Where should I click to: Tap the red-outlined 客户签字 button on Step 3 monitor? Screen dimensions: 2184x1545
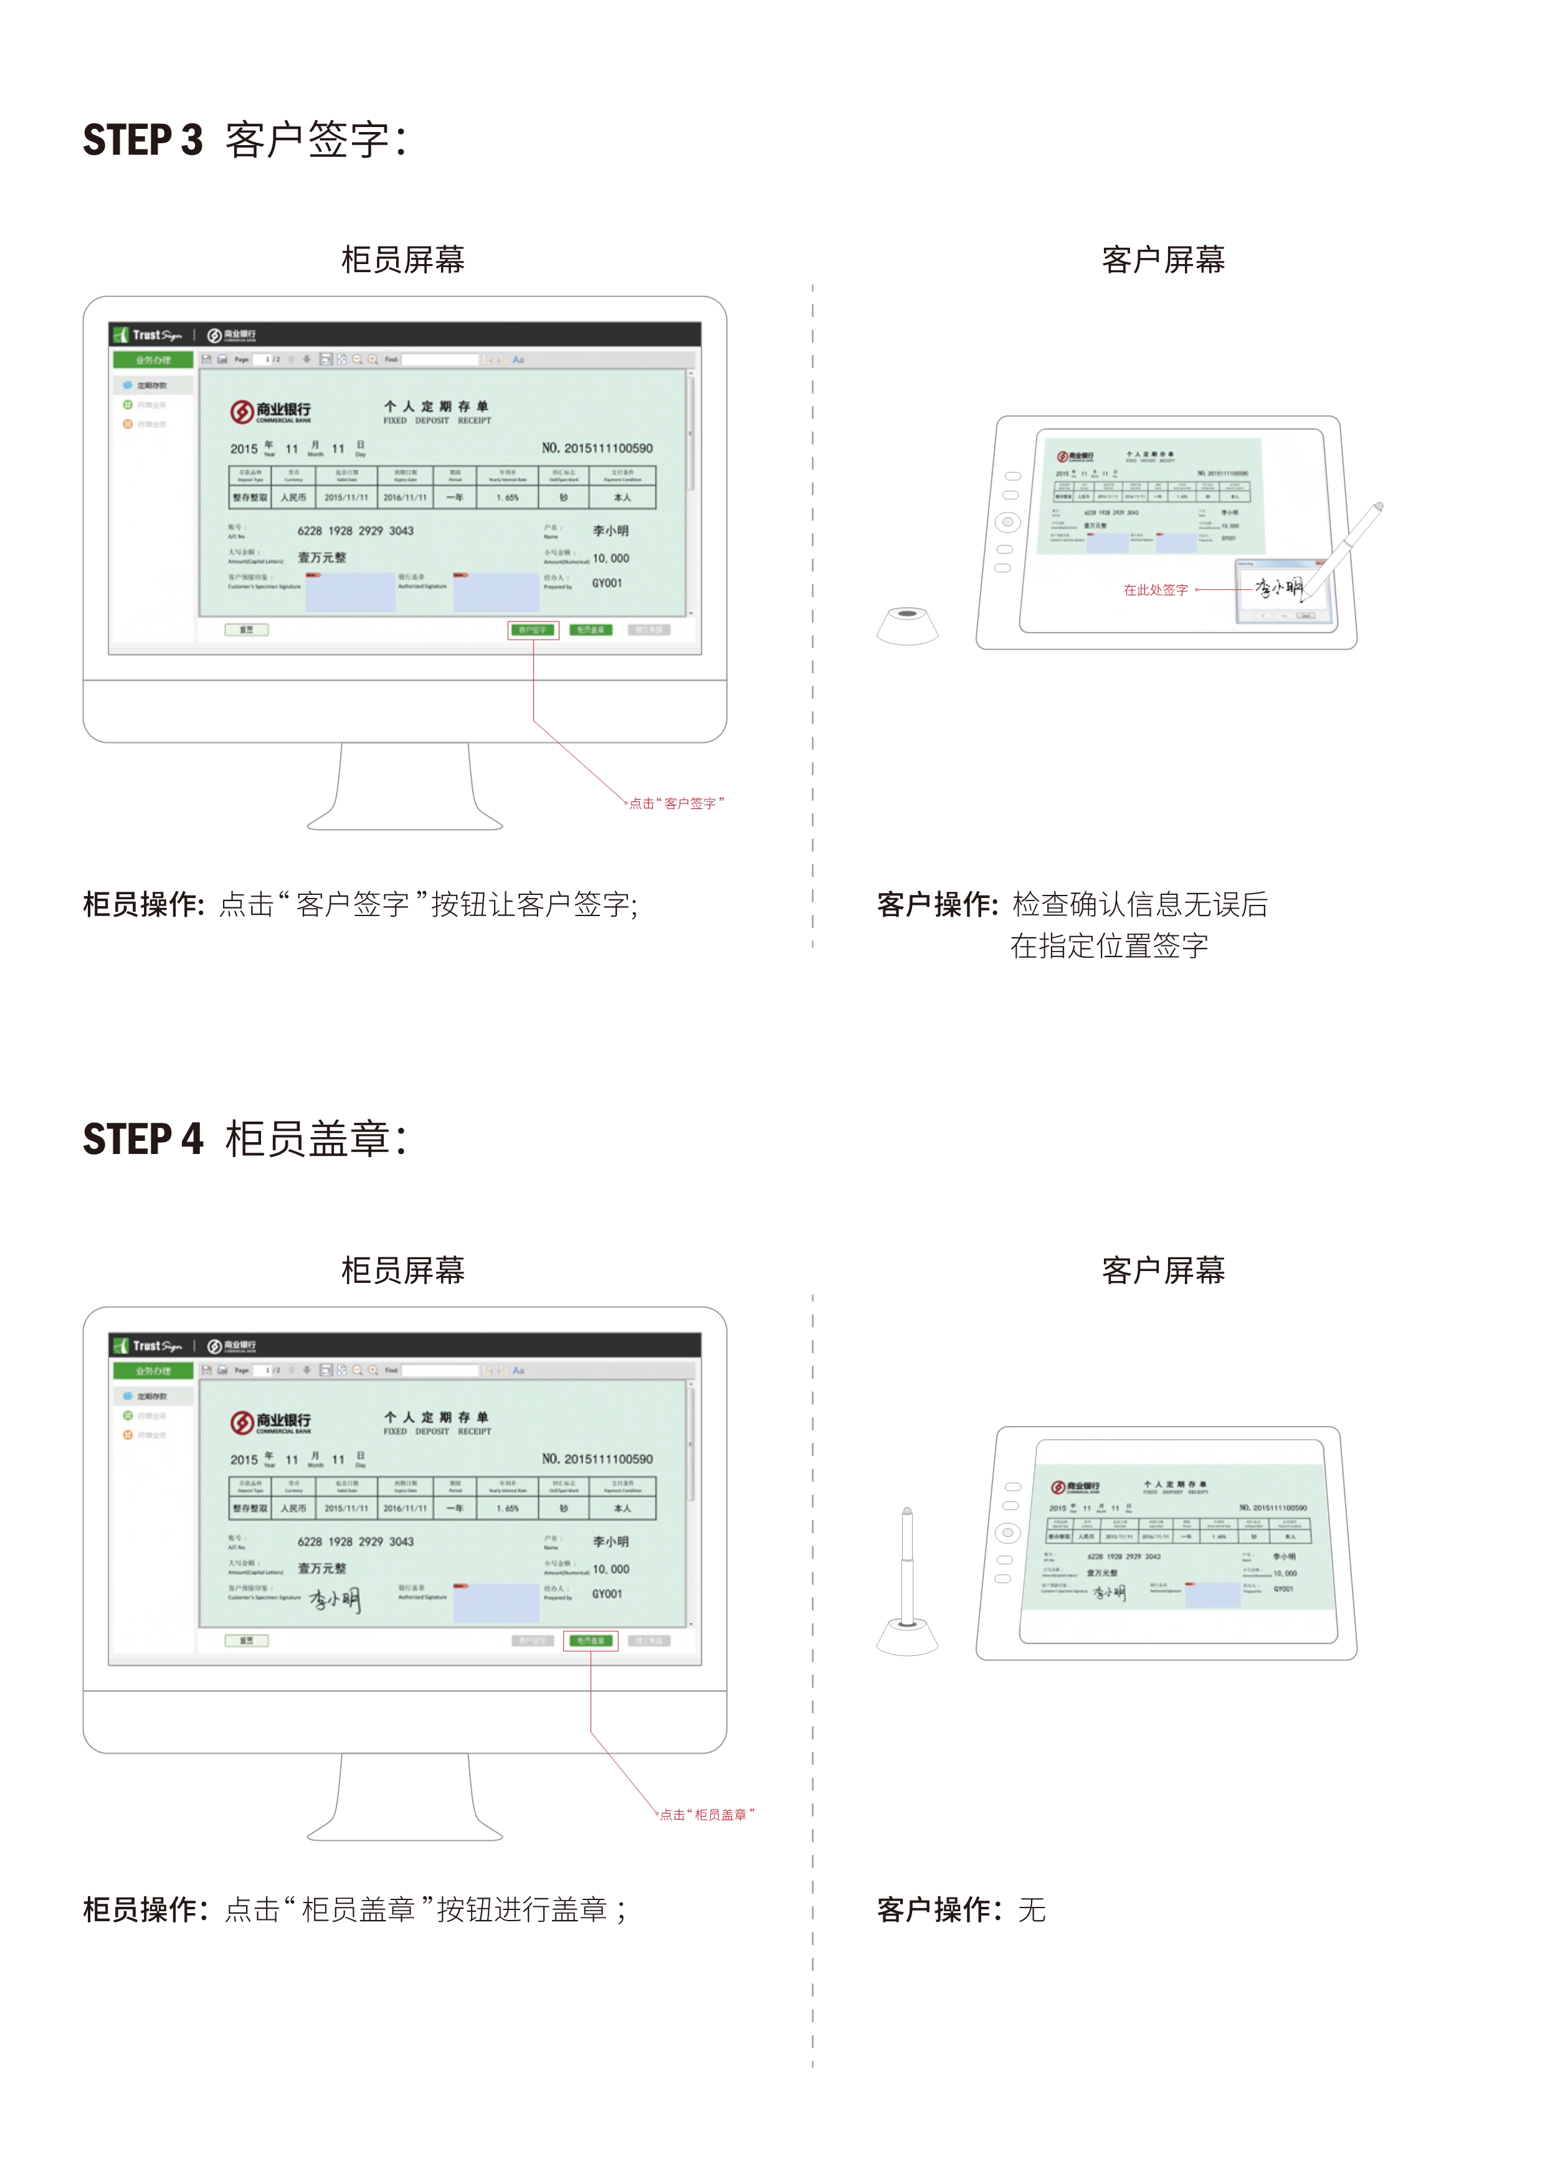tap(533, 630)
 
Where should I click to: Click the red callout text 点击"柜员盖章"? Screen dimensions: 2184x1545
tap(706, 1815)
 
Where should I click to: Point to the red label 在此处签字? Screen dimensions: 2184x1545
tap(1155, 590)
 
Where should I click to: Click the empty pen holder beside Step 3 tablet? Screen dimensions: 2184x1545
tap(906, 625)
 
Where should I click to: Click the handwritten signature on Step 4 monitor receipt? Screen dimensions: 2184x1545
tap(335, 1600)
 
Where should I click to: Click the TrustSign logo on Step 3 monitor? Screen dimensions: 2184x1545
tap(148, 335)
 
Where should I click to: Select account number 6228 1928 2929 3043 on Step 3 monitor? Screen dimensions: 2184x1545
tap(355, 531)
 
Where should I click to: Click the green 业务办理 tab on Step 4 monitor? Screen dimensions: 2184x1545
tap(153, 1371)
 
